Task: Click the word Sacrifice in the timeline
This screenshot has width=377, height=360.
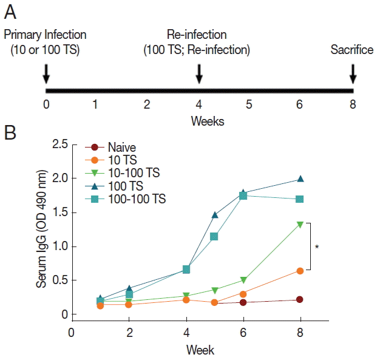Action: tap(352, 50)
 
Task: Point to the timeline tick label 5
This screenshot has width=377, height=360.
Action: tap(250, 104)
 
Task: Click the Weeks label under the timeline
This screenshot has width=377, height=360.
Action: tap(207, 121)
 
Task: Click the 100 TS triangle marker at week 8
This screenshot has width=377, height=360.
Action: tap(300, 179)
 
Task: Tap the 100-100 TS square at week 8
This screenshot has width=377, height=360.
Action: tap(300, 199)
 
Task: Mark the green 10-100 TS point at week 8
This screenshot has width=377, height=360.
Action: tap(300, 225)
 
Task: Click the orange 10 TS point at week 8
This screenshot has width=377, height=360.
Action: tap(300, 271)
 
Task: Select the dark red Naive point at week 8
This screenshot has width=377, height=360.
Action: tap(300, 299)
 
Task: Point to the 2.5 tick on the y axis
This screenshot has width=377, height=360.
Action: tap(58, 145)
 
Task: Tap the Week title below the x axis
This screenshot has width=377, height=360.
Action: tap(200, 350)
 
